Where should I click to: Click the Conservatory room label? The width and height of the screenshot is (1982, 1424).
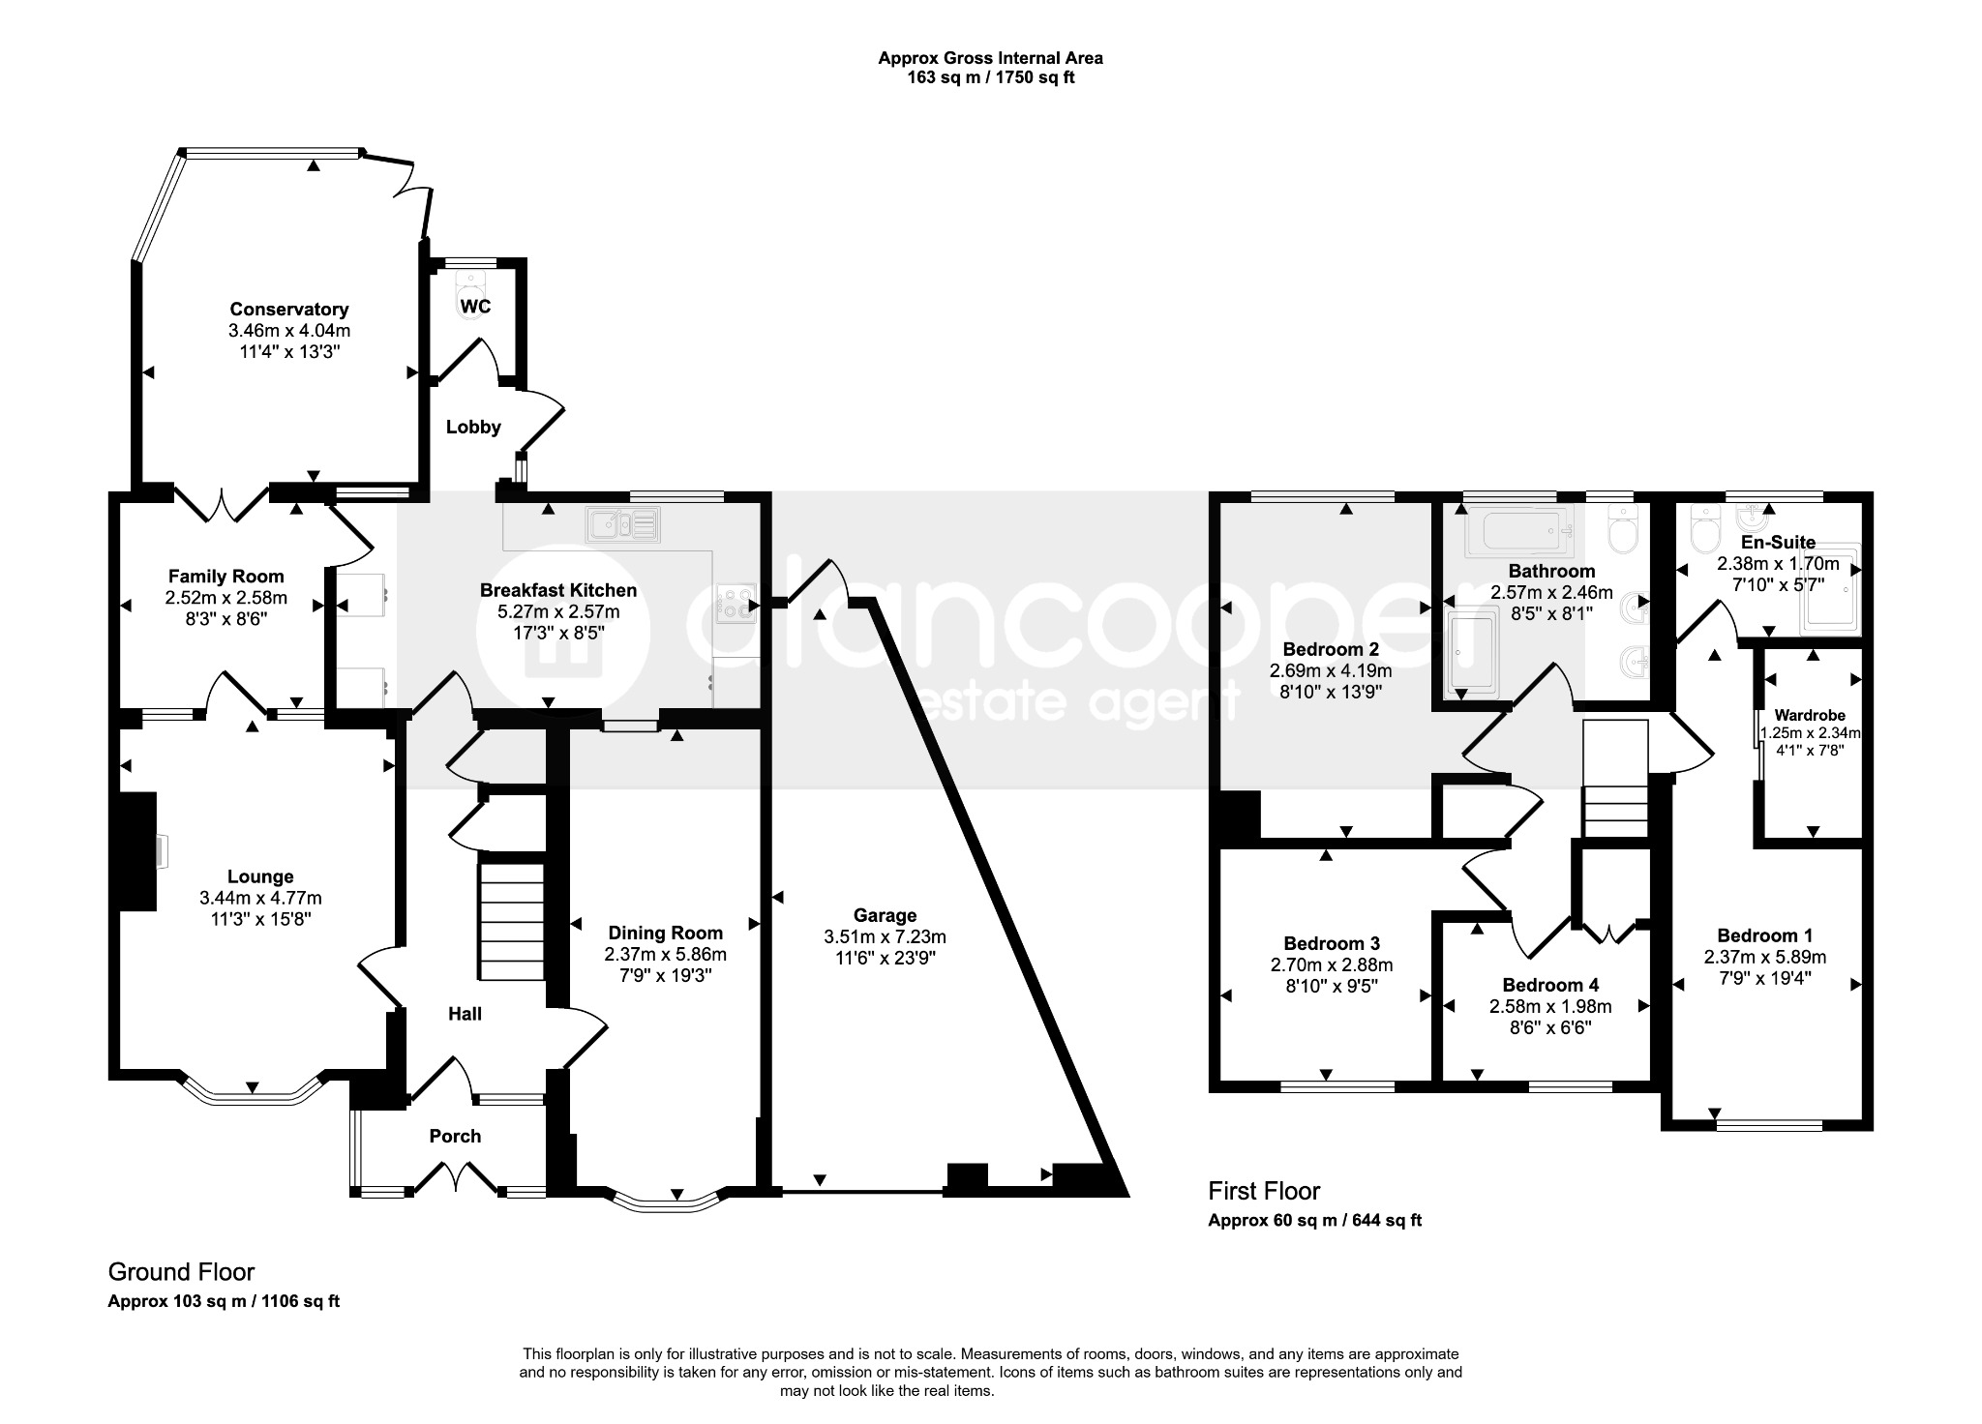pyautogui.click(x=288, y=310)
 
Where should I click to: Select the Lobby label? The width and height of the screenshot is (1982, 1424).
pyautogui.click(x=473, y=427)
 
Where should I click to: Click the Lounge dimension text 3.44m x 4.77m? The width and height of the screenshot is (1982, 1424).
pyautogui.click(x=260, y=898)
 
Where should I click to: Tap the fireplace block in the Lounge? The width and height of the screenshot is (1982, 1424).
pyautogui.click(x=137, y=852)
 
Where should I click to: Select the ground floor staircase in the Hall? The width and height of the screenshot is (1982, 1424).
pyautogui.click(x=512, y=922)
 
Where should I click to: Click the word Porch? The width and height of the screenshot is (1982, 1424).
pyautogui.click(x=455, y=1137)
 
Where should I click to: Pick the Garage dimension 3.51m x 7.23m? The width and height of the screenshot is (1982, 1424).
pyautogui.click(x=885, y=936)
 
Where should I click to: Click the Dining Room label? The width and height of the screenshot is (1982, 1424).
pyautogui.click(x=665, y=934)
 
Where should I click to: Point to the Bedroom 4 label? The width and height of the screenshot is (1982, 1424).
pyautogui.click(x=1545, y=985)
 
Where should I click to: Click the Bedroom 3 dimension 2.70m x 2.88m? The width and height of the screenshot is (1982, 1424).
pyautogui.click(x=1332, y=964)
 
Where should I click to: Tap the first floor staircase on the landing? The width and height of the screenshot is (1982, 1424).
pyautogui.click(x=1615, y=779)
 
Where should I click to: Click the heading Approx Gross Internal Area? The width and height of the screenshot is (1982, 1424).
pyautogui.click(x=990, y=58)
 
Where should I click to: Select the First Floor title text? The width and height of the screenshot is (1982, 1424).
pyautogui.click(x=1264, y=1191)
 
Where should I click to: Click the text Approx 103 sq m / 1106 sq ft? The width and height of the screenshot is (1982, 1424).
pyautogui.click(x=224, y=1301)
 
